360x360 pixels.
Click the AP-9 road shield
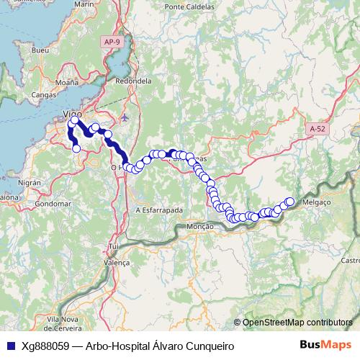(112, 42)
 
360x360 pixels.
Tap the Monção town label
(200, 227)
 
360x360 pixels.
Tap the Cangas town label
(45, 94)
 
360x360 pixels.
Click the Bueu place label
(40, 50)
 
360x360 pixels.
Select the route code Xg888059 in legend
(45, 346)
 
